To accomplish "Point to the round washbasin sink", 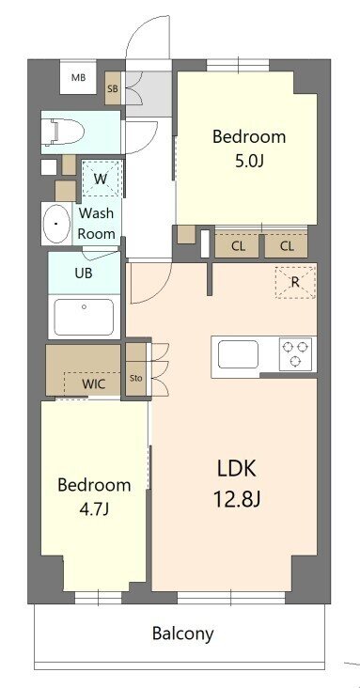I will coord(57,225).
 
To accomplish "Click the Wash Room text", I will coord(97,224).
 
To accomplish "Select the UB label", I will coord(84,274).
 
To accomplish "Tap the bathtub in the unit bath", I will coord(84,316).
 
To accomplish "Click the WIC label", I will coord(93,384).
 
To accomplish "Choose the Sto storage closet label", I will coord(135,379).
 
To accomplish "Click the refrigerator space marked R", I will coord(294,282).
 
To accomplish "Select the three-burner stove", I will coord(296,354).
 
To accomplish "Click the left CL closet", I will coord(238,246).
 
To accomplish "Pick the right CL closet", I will coord(286,246).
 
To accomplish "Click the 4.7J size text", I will coord(93,509).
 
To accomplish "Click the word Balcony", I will coord(182,633).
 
